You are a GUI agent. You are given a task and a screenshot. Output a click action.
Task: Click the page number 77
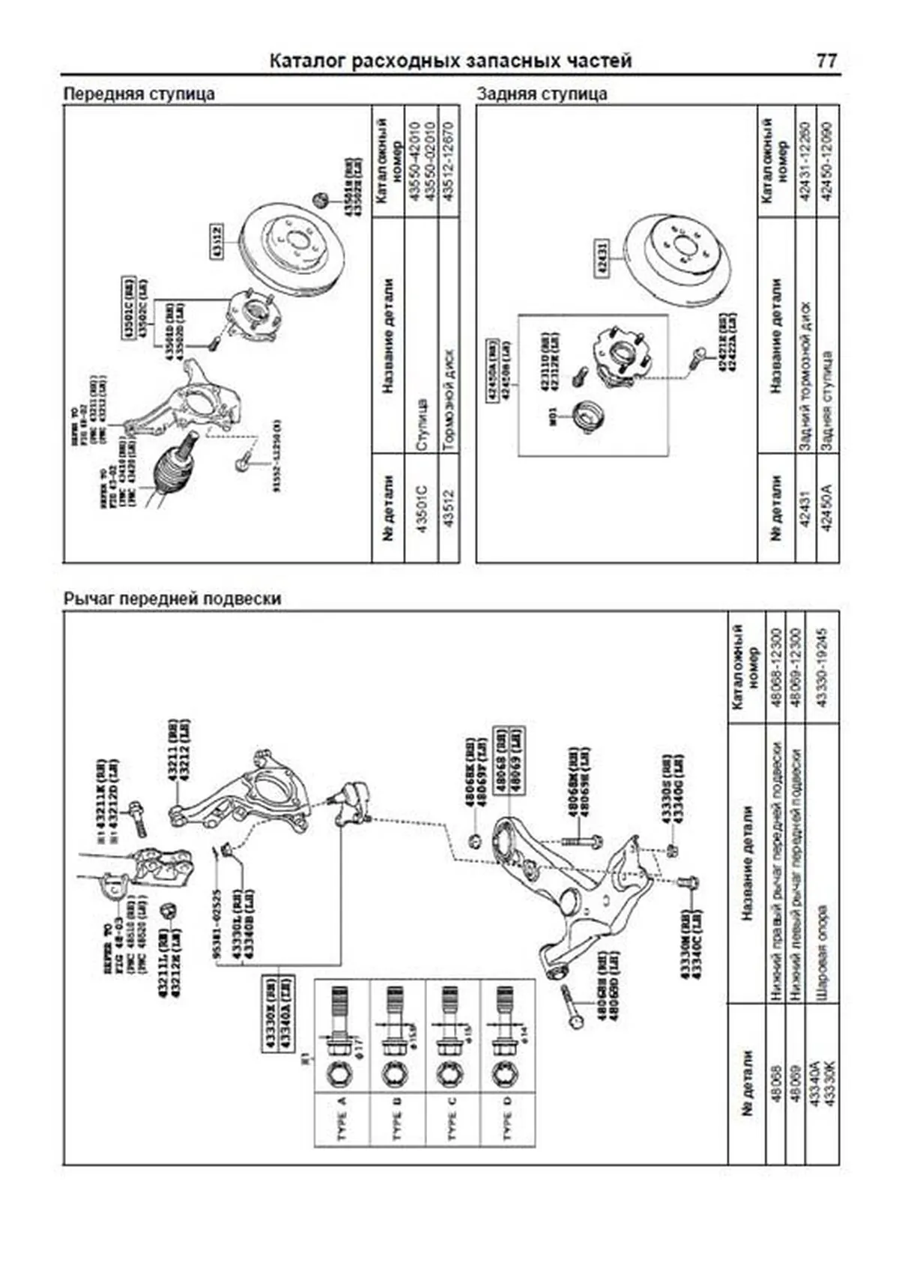tap(826, 61)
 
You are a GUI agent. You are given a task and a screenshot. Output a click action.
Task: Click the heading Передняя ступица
tap(139, 94)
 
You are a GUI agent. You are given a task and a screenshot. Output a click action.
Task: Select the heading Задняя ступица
tap(542, 94)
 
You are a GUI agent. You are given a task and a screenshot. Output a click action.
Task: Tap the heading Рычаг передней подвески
tap(172, 599)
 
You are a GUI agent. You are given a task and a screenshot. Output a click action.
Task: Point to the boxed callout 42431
tap(602, 258)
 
